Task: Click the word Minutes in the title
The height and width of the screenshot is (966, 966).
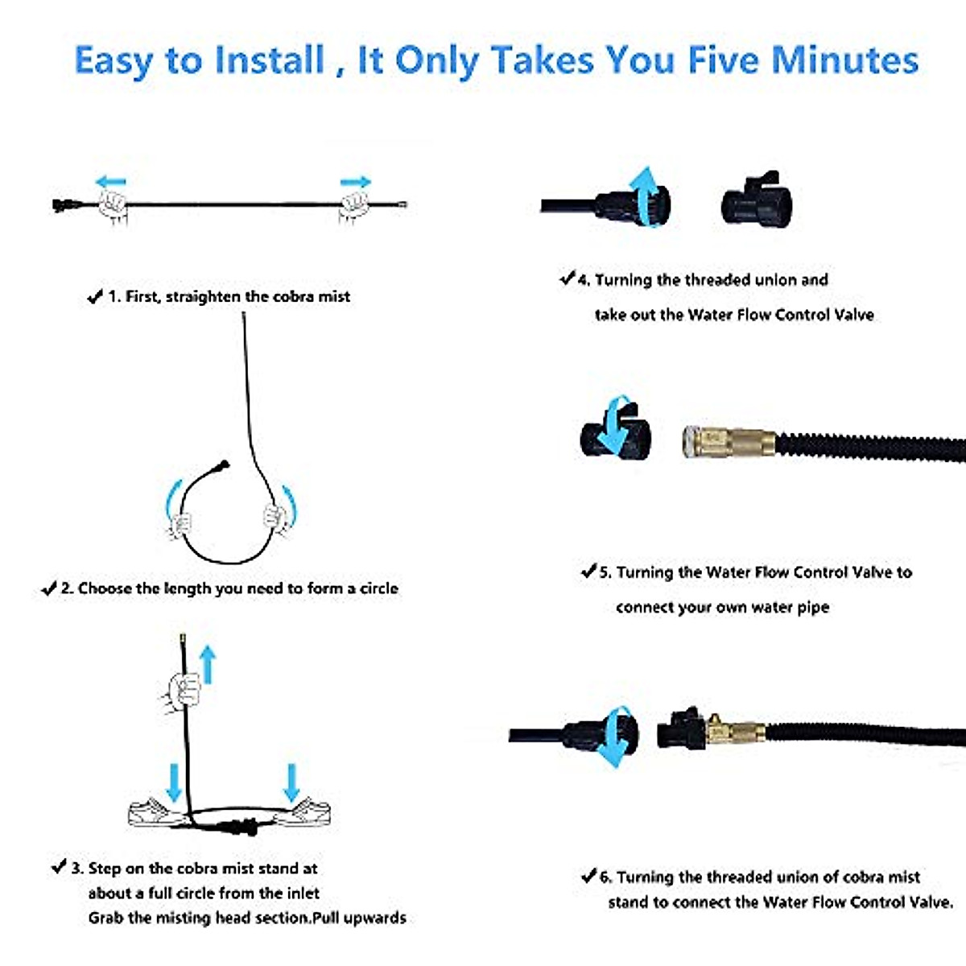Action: point(844,61)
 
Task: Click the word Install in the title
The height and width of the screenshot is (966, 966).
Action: point(270,61)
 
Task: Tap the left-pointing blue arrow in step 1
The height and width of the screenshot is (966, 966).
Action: point(110,182)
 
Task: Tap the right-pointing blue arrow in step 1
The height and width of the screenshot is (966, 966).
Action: point(355,182)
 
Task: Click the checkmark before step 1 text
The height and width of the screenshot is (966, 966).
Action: point(94,296)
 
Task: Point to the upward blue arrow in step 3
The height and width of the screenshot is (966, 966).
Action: point(208,665)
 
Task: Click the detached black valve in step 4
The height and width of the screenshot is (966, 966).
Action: point(756,200)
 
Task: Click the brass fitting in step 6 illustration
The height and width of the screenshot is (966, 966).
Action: point(734,731)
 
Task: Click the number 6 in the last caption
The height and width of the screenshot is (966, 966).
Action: point(605,877)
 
